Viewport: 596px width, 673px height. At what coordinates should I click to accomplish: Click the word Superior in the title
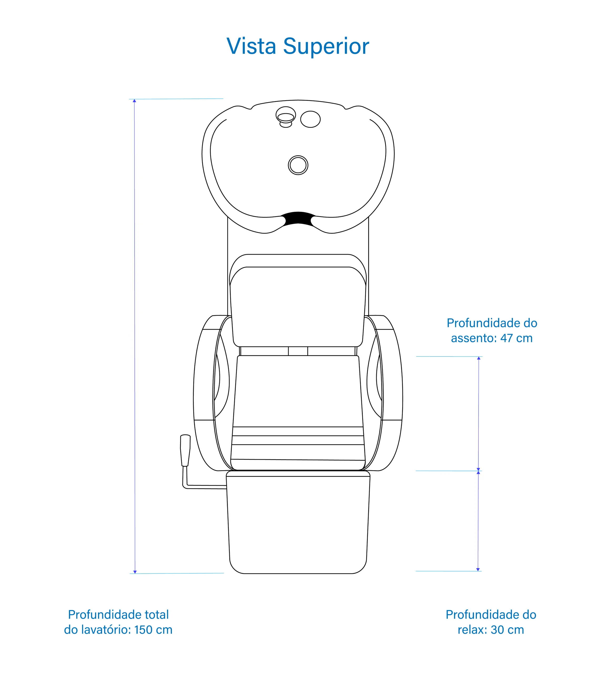tap(326, 47)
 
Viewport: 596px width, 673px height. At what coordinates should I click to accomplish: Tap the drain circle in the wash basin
tap(298, 165)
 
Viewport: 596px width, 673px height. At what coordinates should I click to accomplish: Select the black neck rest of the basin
tap(298, 219)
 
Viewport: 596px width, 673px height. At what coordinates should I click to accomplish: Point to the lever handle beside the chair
tap(185, 450)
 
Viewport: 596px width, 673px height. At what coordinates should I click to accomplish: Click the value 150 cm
tap(153, 630)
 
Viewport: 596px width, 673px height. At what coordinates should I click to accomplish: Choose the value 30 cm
tap(507, 630)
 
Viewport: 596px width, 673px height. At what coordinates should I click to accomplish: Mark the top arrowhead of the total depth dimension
tap(134, 101)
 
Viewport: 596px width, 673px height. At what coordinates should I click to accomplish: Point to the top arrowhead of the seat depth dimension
tap(479, 358)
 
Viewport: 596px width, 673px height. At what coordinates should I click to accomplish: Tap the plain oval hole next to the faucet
tap(310, 119)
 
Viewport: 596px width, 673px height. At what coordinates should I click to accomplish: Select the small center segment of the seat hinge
tap(298, 351)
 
